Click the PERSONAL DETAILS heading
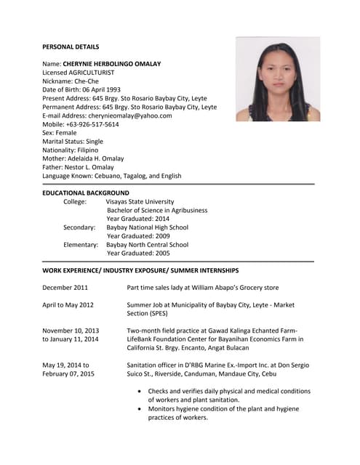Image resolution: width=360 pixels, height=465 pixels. coord(71,46)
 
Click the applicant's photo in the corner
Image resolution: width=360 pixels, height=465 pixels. coord(278,79)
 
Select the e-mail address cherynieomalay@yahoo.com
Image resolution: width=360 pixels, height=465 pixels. coord(129,116)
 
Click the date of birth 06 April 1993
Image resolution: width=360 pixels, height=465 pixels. coord(114,90)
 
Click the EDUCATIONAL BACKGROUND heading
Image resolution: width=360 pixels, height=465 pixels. coord(86,193)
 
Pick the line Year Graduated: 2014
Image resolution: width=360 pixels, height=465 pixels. coord(137,219)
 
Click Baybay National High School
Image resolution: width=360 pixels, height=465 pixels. coord(148,227)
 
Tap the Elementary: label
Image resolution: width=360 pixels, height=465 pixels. coord(80,245)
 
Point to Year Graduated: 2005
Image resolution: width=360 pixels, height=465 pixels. coord(137,254)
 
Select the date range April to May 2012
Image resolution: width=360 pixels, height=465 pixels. coord(68,305)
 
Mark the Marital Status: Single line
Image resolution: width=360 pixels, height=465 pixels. coord(73,142)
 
